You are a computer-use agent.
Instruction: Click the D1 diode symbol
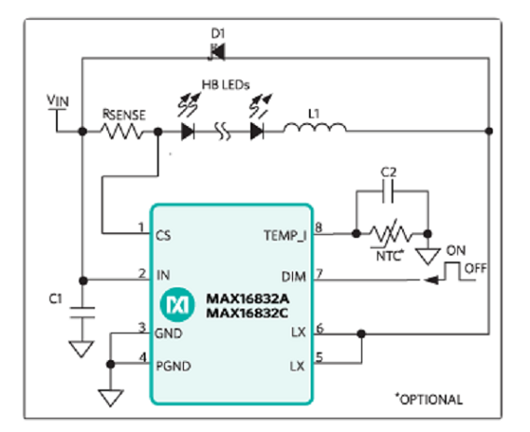click(217, 52)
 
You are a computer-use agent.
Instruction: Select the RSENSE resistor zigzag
click(122, 132)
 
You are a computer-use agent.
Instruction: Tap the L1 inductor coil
click(314, 129)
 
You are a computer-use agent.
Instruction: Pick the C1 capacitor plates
click(82, 313)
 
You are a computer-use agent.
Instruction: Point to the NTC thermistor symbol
click(391, 234)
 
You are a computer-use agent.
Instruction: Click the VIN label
click(58, 101)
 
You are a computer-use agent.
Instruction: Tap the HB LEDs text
click(226, 85)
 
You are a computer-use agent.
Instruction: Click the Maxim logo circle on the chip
click(177, 304)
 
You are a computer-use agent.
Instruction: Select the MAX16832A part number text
click(248, 299)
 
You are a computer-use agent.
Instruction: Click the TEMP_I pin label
click(285, 236)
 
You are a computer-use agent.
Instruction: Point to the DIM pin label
click(293, 277)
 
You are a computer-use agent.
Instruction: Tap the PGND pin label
click(174, 366)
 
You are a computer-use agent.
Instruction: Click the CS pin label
click(163, 236)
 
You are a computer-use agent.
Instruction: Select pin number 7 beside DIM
click(319, 272)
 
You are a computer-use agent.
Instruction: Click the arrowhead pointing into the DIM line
click(431, 280)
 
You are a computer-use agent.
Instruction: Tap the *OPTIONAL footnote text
click(429, 399)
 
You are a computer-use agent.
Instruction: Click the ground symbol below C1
click(81, 349)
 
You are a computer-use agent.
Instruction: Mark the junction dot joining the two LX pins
click(361, 334)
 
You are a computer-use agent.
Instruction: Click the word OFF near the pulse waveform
click(476, 269)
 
